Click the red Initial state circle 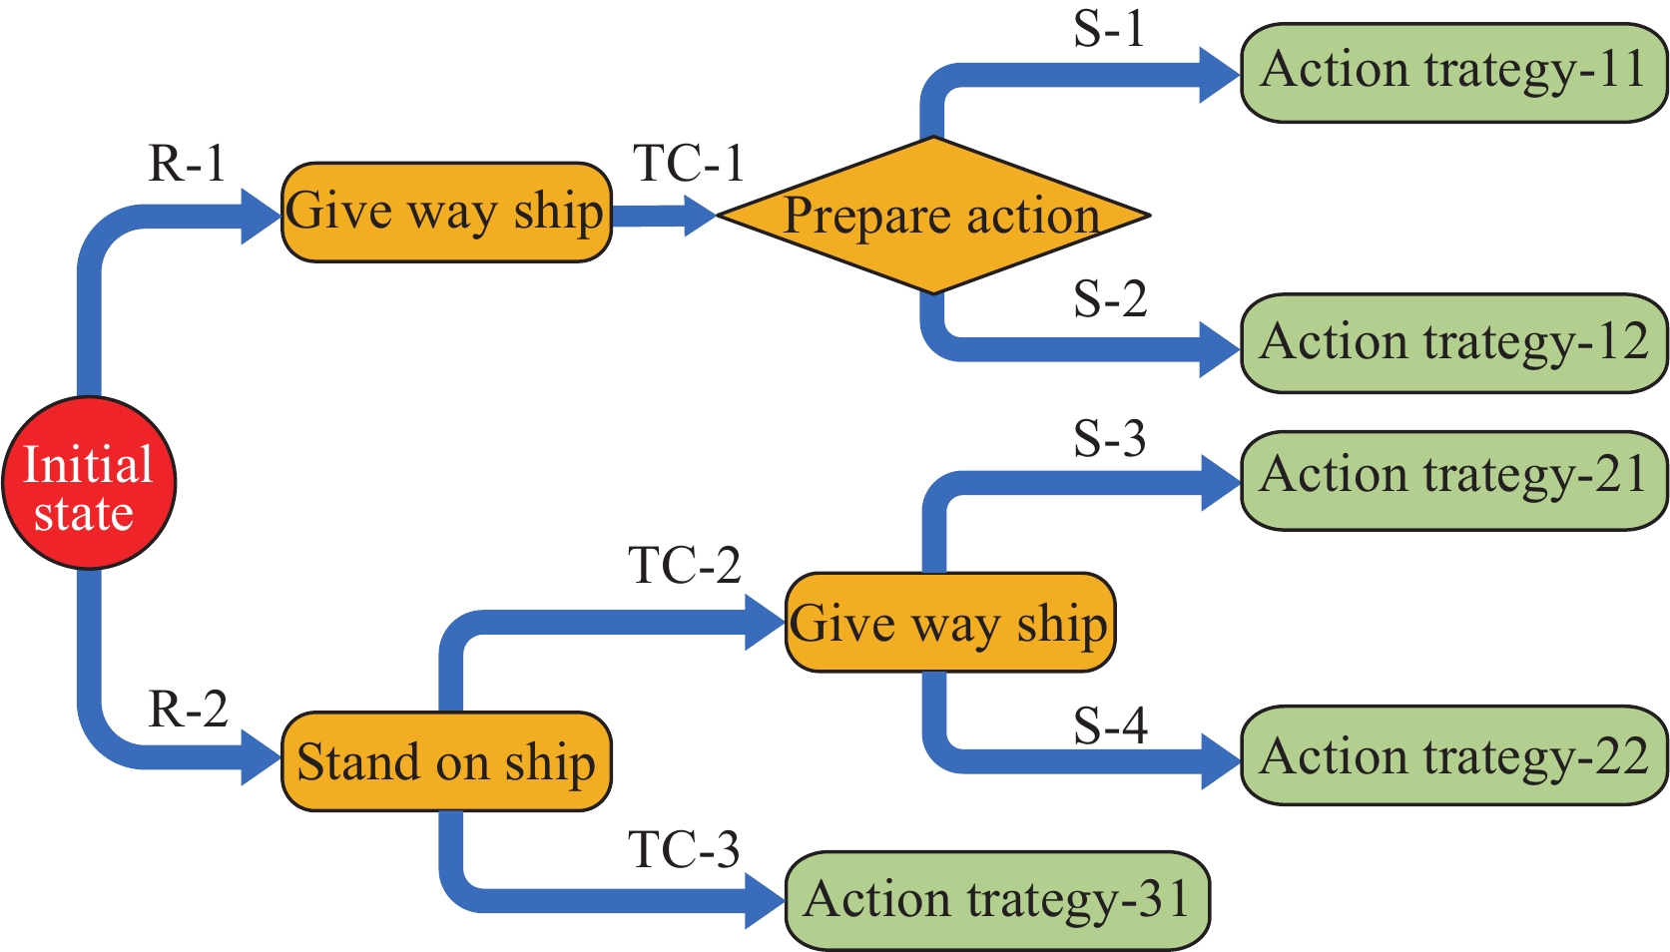[88, 484]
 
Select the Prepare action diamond [933, 216]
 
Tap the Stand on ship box [446, 761]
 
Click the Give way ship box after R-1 [446, 213]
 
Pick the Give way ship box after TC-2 [949, 623]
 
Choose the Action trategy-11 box [1453, 73]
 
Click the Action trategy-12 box [1453, 343]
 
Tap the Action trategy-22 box [1453, 755]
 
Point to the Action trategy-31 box [997, 900]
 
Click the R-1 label [187, 164]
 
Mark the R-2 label [188, 710]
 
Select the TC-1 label [689, 164]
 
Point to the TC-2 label [685, 566]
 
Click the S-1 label [1109, 30]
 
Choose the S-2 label [1110, 299]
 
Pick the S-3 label [1110, 439]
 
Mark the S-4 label [1110, 726]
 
